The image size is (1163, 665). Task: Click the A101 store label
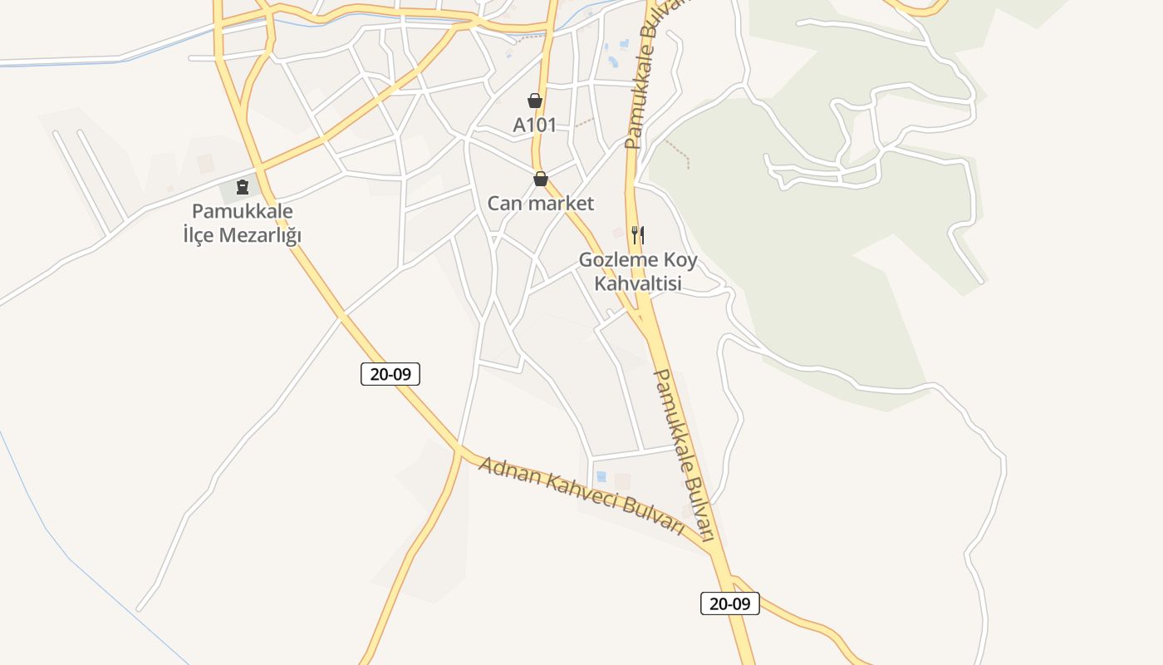(534, 126)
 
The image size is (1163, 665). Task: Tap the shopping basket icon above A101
(535, 101)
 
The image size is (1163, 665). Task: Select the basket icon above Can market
(541, 179)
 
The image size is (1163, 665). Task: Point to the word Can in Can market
(503, 204)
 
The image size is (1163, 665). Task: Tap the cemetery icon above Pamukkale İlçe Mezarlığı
(243, 186)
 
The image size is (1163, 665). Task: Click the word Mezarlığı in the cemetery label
(260, 235)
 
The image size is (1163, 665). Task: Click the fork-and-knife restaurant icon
(638, 235)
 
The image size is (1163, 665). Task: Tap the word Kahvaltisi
(638, 283)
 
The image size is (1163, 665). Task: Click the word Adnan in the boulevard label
(508, 472)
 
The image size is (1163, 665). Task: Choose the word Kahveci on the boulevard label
(580, 495)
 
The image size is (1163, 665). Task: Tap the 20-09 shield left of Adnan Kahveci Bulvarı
(390, 374)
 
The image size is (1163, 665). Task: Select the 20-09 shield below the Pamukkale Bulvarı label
(730, 603)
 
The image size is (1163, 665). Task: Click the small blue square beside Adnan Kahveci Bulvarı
(601, 477)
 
